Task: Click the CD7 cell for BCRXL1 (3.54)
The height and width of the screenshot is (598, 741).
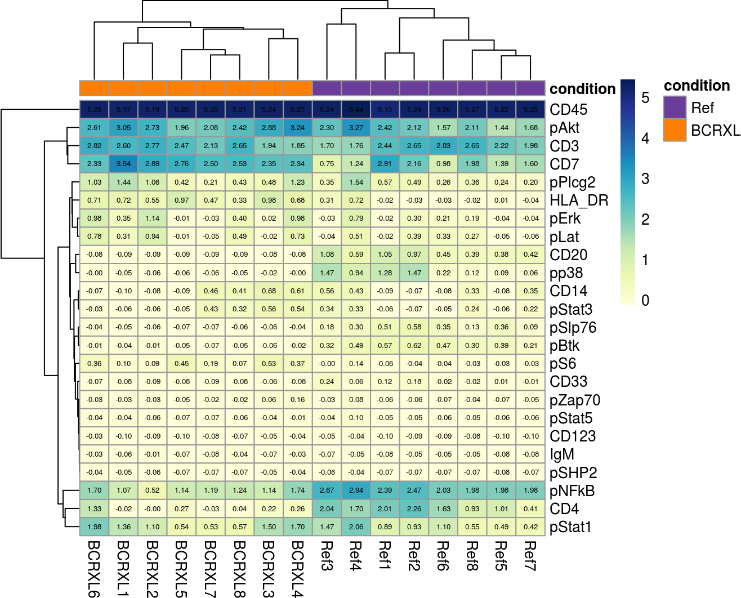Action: pos(123,164)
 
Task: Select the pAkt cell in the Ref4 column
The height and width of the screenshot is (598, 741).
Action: pos(356,128)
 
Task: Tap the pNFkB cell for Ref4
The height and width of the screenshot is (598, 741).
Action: pos(356,490)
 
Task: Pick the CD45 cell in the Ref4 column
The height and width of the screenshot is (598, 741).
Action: pos(356,110)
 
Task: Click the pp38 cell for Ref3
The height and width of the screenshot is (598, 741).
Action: pos(327,273)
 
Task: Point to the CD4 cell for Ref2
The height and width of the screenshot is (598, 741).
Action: pos(414,509)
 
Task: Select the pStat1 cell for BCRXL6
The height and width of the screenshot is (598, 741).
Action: pos(95,527)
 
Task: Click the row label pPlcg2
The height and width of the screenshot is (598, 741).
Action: pos(572,182)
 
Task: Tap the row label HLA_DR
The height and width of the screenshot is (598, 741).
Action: pos(579,200)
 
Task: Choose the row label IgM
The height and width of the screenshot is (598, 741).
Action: pos(562,454)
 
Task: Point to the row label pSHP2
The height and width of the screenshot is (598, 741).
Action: pos(573,473)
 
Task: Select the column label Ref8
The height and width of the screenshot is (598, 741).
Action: pos(472,556)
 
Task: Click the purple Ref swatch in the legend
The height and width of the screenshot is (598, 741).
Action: pos(675,108)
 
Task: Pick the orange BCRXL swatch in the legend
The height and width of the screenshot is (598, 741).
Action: pos(675,130)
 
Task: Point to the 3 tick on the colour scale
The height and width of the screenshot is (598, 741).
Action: pos(645,179)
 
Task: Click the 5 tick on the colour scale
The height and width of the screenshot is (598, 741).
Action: pos(645,98)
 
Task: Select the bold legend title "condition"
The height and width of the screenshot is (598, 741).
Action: pos(697,86)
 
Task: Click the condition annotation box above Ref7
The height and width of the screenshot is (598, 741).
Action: pos(530,88)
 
